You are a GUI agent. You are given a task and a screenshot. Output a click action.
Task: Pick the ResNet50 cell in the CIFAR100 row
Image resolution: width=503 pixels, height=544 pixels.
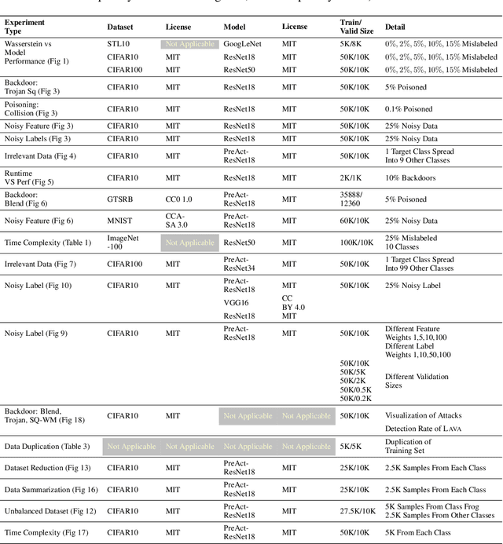239,70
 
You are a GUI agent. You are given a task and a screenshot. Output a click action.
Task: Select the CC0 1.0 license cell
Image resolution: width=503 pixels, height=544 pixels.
180,199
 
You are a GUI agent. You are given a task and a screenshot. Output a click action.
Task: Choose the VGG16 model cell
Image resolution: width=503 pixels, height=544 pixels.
236,301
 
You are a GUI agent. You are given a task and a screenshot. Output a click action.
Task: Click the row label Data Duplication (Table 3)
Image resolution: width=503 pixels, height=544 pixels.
47,447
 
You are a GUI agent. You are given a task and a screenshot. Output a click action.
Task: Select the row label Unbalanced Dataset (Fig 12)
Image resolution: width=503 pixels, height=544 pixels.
50,512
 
